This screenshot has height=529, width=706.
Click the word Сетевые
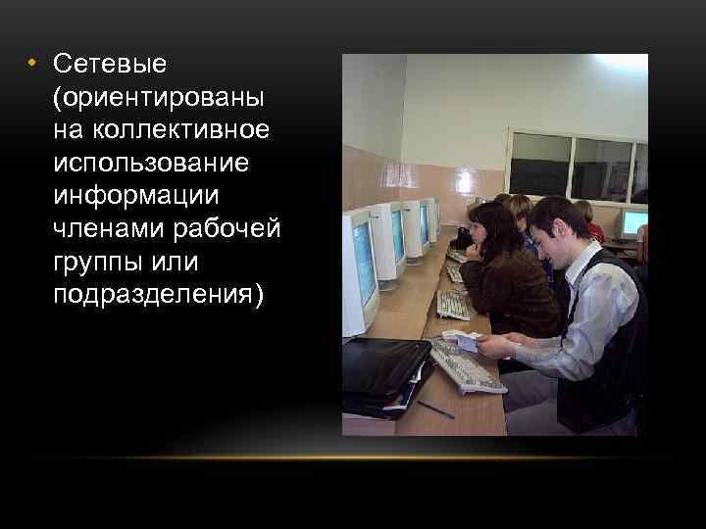(x=111, y=65)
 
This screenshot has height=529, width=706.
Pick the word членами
(x=102, y=228)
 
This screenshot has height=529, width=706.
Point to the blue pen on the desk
(x=435, y=409)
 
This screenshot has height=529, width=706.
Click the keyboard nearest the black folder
(x=466, y=367)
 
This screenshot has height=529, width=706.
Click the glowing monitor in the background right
(x=634, y=223)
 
